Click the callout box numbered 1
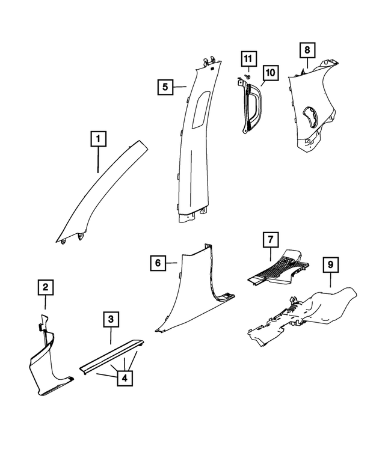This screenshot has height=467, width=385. [99, 141]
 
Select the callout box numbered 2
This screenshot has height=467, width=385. [45, 288]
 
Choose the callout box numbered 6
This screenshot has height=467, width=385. [157, 263]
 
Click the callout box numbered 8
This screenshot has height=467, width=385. [307, 50]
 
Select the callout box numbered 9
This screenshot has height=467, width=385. [330, 263]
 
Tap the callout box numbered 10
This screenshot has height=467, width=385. [270, 73]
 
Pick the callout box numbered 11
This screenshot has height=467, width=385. [248, 59]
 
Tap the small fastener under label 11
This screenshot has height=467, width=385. [247, 78]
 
